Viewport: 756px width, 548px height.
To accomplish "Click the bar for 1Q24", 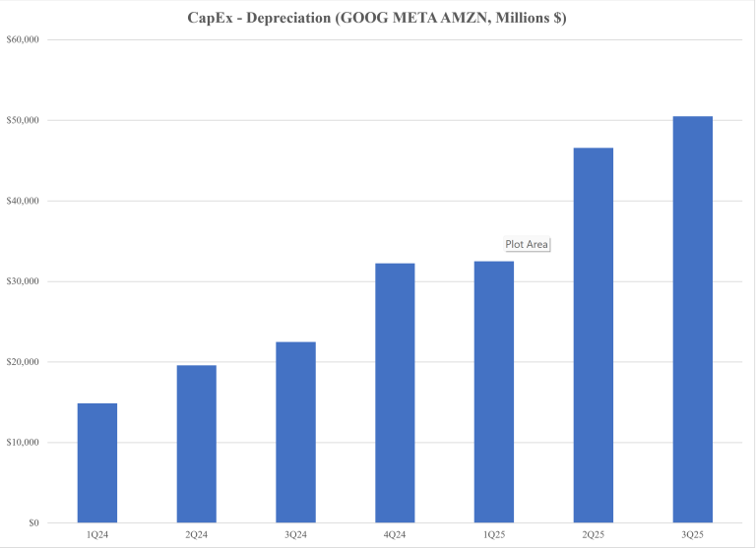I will (x=97, y=462).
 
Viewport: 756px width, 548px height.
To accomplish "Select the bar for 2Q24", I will (x=197, y=444).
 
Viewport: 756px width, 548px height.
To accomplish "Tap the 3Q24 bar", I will (x=296, y=432).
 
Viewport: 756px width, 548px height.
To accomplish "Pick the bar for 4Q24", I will (x=395, y=393).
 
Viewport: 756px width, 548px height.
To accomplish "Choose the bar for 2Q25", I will (x=594, y=335).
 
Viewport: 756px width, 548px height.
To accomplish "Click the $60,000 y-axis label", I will (x=22, y=39).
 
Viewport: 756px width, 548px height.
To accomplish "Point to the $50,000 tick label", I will (x=22, y=120).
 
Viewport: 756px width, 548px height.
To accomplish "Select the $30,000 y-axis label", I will (x=22, y=281).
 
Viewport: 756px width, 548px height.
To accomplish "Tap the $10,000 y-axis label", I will (x=22, y=443).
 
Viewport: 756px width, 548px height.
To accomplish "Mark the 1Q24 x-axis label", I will (x=97, y=534).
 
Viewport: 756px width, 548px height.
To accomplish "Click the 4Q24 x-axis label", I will (x=395, y=534).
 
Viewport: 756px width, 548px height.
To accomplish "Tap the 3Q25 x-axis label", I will (x=692, y=534).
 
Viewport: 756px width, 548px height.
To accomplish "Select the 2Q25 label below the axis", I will (x=594, y=534).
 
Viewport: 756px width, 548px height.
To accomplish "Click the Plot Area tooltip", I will (x=527, y=244).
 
